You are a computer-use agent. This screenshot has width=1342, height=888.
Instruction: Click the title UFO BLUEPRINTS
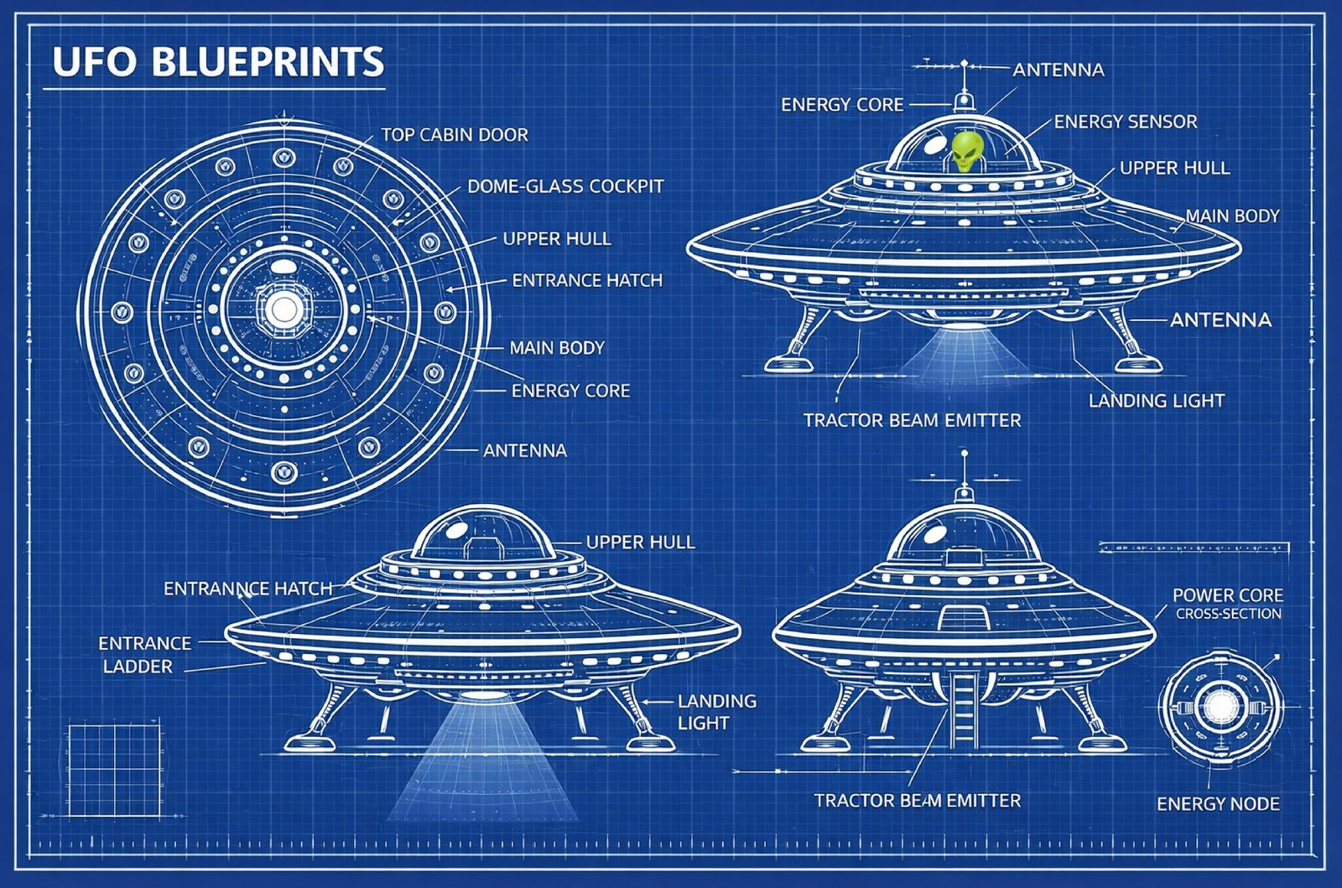218,63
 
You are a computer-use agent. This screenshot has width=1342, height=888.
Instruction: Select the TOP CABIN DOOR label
455,135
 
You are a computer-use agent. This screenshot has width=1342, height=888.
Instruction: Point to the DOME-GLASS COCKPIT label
565,186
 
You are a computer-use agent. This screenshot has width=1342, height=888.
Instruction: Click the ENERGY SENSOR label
1126,122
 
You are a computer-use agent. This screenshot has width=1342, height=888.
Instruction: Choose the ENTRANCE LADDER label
144,655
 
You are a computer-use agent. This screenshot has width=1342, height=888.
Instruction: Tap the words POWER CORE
1227,595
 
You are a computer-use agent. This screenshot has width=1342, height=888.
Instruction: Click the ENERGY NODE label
1218,804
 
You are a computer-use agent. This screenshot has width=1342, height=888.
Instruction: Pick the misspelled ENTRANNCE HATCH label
247,589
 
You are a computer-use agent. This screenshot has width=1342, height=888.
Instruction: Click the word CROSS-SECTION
1228,614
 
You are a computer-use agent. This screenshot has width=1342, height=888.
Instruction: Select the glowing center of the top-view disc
284,310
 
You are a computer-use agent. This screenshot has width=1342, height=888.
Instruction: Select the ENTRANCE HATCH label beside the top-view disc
587,280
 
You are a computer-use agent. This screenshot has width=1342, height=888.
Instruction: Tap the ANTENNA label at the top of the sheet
1058,70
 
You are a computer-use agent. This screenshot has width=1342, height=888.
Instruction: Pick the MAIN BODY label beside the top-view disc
557,348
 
